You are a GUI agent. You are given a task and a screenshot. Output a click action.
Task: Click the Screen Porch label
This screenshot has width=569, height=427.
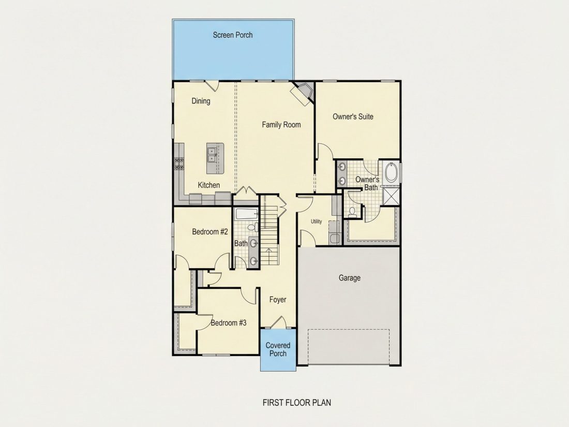point(233,35)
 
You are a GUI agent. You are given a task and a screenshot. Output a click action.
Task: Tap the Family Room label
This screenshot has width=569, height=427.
point(281,125)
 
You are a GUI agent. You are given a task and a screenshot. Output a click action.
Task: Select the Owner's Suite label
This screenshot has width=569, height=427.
point(353,116)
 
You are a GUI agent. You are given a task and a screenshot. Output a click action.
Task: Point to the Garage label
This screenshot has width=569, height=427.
point(350,278)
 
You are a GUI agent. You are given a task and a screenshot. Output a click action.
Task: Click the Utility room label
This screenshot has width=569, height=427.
point(316,222)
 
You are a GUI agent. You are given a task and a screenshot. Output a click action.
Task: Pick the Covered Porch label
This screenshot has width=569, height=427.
point(278,349)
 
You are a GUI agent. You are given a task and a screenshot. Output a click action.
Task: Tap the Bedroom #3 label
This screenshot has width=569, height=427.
point(229,323)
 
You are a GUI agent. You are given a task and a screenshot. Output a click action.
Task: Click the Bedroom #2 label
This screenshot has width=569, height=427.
point(209,232)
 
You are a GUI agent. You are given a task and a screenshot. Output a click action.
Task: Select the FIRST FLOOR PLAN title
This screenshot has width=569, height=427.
point(297,402)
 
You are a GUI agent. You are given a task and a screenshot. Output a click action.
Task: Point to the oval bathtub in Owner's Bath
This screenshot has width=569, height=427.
point(391,172)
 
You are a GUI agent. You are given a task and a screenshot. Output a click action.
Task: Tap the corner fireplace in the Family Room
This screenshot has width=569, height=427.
point(303,93)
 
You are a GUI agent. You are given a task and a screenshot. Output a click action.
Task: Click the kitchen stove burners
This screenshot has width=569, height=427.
point(178,164)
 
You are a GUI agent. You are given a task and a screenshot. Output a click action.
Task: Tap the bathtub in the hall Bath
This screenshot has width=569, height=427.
point(247,213)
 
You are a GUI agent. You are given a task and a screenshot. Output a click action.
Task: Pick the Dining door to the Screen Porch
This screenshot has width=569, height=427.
point(212,86)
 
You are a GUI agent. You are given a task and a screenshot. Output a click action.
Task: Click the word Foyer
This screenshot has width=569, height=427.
point(278,300)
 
